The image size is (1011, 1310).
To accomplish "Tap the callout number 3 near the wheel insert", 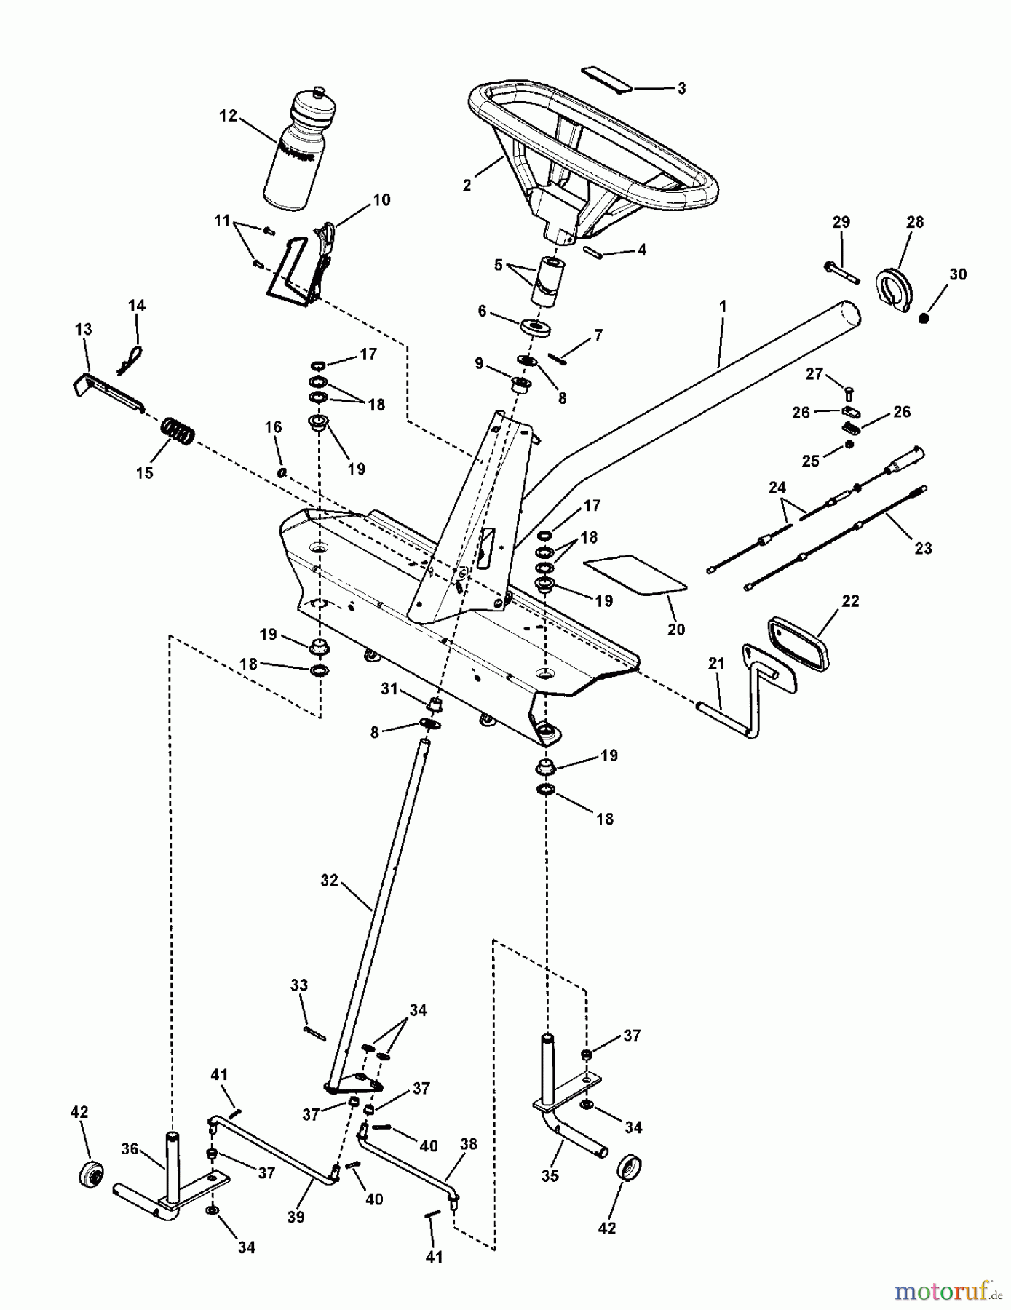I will coord(681,89).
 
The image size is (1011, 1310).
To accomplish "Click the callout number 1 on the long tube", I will coord(722,308).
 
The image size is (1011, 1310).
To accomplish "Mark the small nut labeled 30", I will coord(924,318).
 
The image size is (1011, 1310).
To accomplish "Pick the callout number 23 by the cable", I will coord(922,548).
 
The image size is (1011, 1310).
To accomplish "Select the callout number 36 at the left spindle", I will coord(130,1148).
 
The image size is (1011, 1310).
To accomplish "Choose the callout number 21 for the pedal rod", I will coord(716,663).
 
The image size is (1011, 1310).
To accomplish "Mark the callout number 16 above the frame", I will coord(273,427).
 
